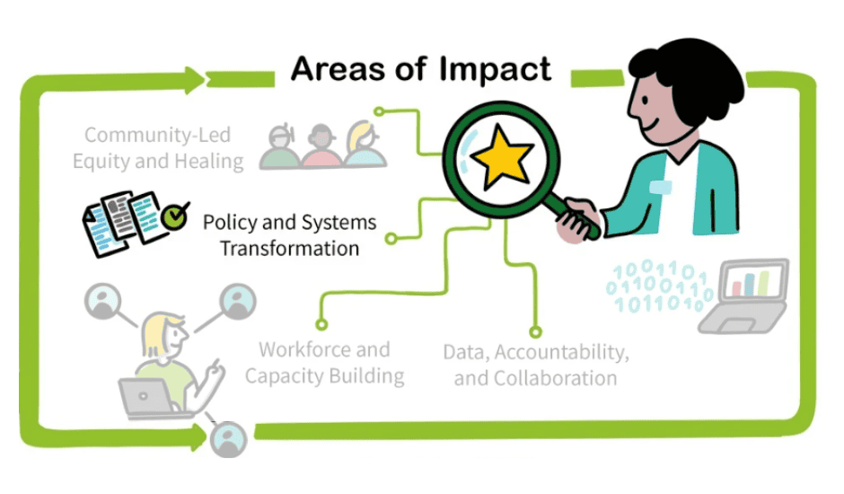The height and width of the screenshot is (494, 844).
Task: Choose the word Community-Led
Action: (157, 136)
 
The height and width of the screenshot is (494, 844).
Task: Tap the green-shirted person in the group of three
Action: (278, 146)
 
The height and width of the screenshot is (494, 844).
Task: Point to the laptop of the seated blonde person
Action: (145, 396)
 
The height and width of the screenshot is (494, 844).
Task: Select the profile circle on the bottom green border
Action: (227, 439)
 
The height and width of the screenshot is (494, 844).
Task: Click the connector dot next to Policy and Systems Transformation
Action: (391, 239)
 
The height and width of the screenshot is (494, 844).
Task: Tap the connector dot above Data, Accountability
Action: (536, 331)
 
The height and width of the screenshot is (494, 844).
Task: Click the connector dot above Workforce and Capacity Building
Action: (321, 323)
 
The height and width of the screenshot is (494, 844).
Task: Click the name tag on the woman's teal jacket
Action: (662, 187)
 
